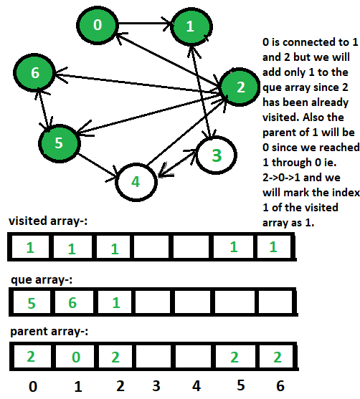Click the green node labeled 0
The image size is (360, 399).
98,25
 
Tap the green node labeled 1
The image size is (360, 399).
191,27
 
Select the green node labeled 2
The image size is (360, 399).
240,87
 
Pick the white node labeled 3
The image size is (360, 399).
217,155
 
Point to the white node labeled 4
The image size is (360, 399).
136,182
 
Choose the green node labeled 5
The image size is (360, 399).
59,143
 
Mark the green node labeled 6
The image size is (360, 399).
34,73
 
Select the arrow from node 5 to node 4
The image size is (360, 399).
98,166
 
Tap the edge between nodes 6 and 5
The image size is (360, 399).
44,109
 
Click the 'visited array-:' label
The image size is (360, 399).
48,221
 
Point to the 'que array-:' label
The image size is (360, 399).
42,280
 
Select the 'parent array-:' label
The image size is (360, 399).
49,332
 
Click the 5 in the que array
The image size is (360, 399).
32,303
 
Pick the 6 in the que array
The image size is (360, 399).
72,302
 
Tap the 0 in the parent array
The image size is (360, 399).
76,357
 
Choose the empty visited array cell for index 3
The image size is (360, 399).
151,247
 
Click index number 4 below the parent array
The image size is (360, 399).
196,386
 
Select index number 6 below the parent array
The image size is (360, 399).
280,386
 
